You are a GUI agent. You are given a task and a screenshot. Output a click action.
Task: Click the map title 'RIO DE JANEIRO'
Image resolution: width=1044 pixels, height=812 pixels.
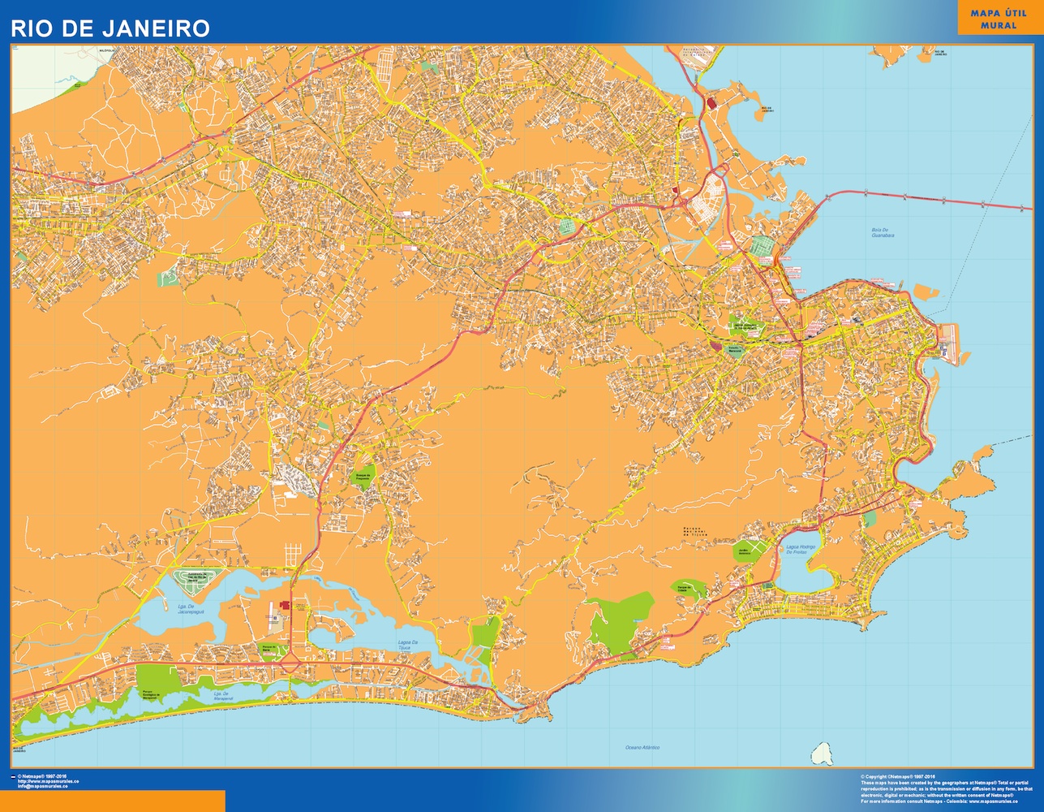(110, 28)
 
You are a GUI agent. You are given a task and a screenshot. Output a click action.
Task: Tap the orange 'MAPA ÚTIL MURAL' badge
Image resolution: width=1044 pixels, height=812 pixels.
(998, 19)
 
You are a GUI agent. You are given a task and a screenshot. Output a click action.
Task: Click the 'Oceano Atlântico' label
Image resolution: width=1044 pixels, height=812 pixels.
(642, 746)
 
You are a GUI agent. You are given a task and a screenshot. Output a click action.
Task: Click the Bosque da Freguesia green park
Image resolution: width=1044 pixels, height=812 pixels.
(362, 477)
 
